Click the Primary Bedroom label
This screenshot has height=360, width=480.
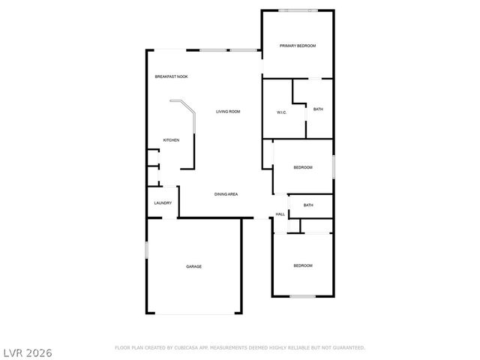(x=298, y=46)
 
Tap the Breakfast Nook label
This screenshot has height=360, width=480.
(x=171, y=77)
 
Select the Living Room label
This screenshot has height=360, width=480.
(x=228, y=112)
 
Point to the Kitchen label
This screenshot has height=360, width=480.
(x=172, y=140)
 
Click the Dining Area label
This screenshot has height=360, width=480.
(x=226, y=194)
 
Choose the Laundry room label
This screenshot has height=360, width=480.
(x=163, y=203)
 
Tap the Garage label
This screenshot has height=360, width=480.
(x=194, y=266)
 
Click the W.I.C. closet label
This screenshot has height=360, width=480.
(x=282, y=113)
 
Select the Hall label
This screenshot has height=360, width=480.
(x=280, y=214)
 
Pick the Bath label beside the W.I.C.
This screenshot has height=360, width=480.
(x=318, y=109)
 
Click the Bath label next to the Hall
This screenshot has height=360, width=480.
(x=308, y=205)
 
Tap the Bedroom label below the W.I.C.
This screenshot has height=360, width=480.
(x=302, y=167)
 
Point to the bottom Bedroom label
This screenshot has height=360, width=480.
(x=302, y=266)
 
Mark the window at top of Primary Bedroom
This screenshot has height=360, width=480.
(x=297, y=10)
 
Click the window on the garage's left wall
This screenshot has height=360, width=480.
(x=146, y=250)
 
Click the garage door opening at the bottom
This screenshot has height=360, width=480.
(x=194, y=313)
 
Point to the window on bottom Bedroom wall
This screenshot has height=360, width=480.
(x=302, y=297)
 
